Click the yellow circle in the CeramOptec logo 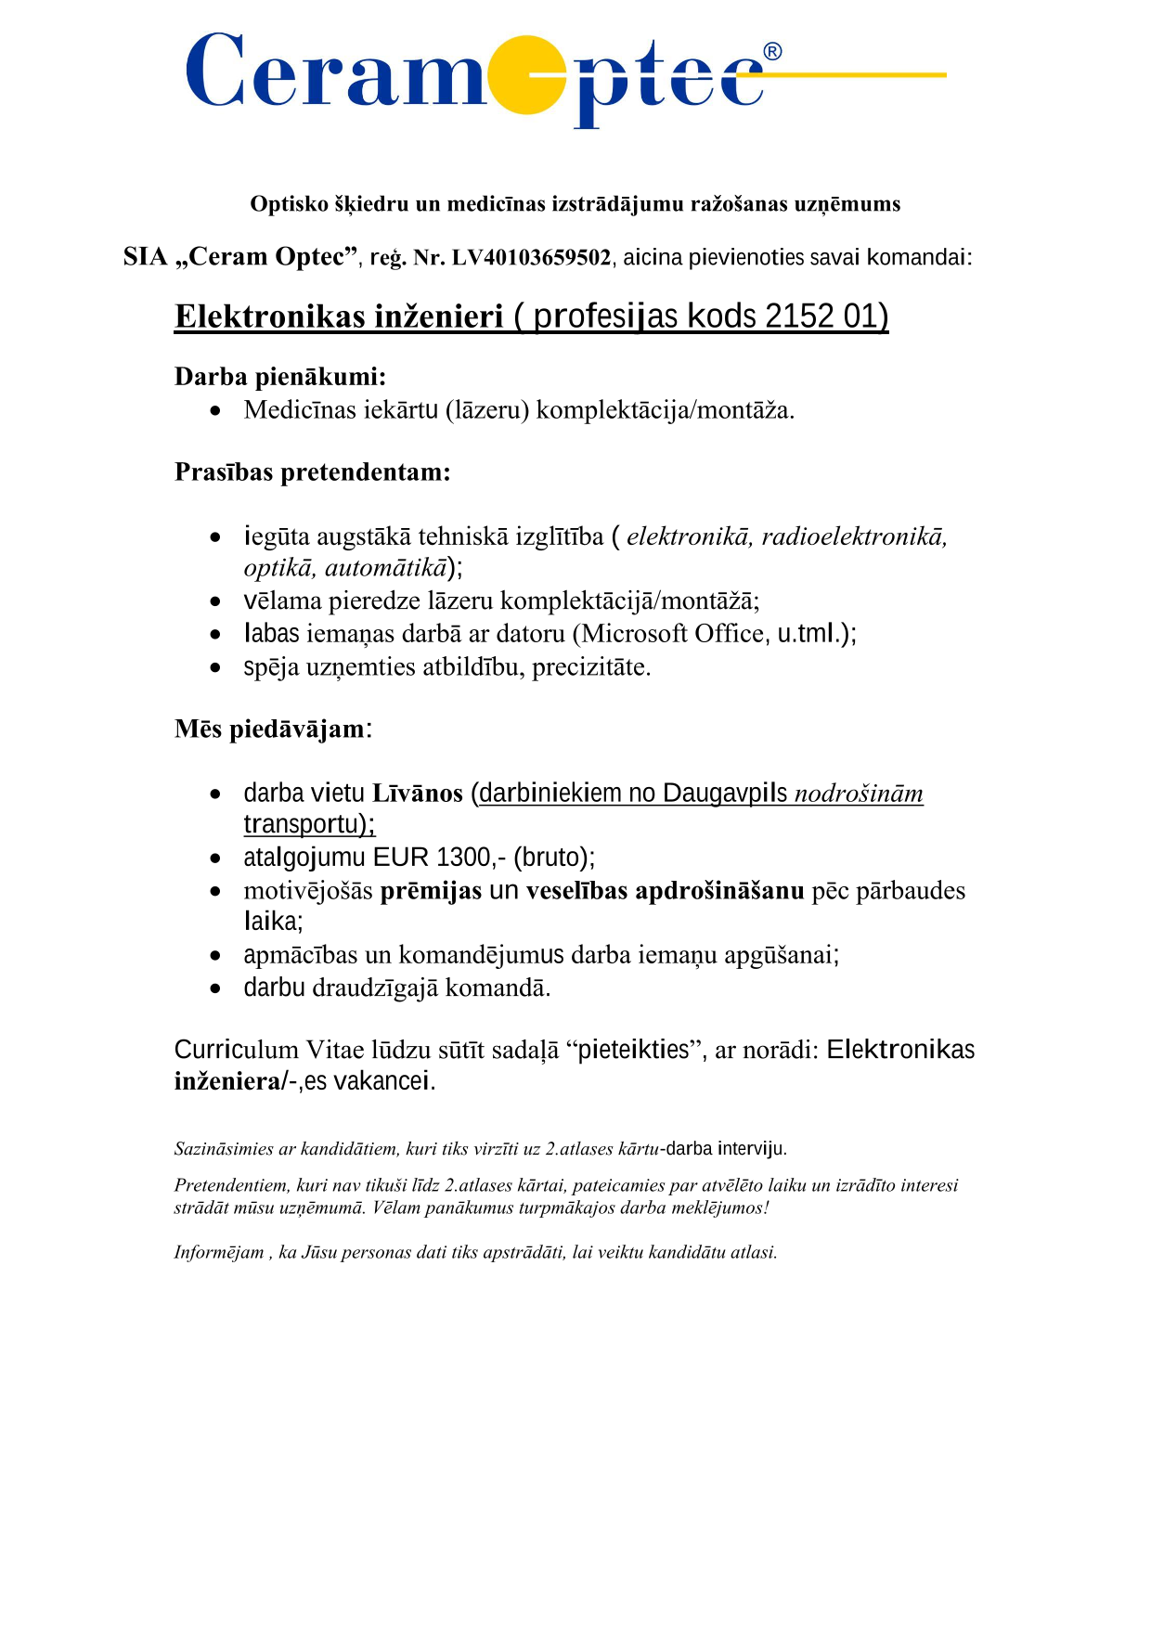click(526, 75)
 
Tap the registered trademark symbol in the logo click(772, 52)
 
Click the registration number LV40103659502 click(531, 258)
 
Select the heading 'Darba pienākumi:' click(280, 377)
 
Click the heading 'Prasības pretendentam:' click(313, 472)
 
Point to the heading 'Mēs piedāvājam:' click(273, 730)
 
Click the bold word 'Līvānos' click(418, 794)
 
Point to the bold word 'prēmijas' click(431, 891)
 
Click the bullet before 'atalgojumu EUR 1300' click(215, 859)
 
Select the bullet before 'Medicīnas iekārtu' click(215, 411)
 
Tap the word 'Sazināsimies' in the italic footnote click(224, 1149)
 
